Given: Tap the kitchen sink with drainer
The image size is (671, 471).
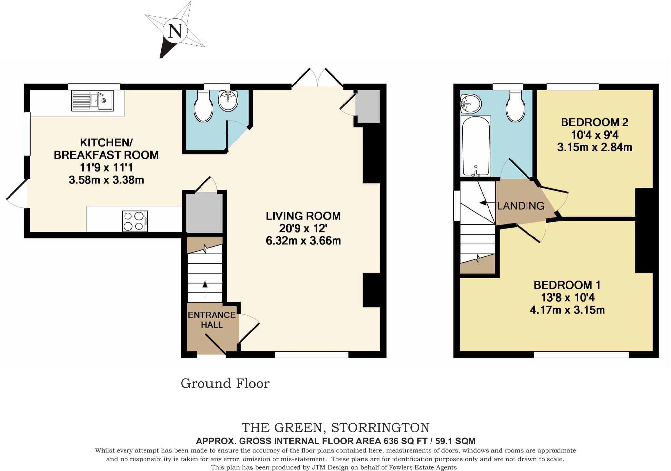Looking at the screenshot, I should coord(93,101).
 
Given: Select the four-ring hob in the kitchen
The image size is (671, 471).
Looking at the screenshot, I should coord(135,221).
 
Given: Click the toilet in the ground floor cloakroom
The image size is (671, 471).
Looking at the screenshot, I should coord(203,106).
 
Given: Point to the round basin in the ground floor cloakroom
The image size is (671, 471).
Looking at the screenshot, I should coord(228,101).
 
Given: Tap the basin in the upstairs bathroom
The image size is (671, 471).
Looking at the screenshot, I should coord(470,104).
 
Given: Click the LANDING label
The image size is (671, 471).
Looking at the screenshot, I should coord(521,206).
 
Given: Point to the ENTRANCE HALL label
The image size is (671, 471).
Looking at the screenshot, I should coord(212,320).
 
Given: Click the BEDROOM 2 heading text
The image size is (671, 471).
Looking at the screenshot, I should coord(594,122).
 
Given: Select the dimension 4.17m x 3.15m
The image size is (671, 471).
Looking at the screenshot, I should coord(567,310).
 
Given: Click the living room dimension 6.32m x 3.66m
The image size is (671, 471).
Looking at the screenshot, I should coord(303,241).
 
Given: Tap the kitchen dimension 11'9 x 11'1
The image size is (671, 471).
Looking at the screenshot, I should coord(106,167).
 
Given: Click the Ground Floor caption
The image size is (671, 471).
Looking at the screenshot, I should coord(225,384).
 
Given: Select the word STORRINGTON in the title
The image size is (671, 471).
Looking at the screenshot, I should coord(380,428).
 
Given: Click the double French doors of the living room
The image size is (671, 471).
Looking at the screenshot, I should coord(317,79).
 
